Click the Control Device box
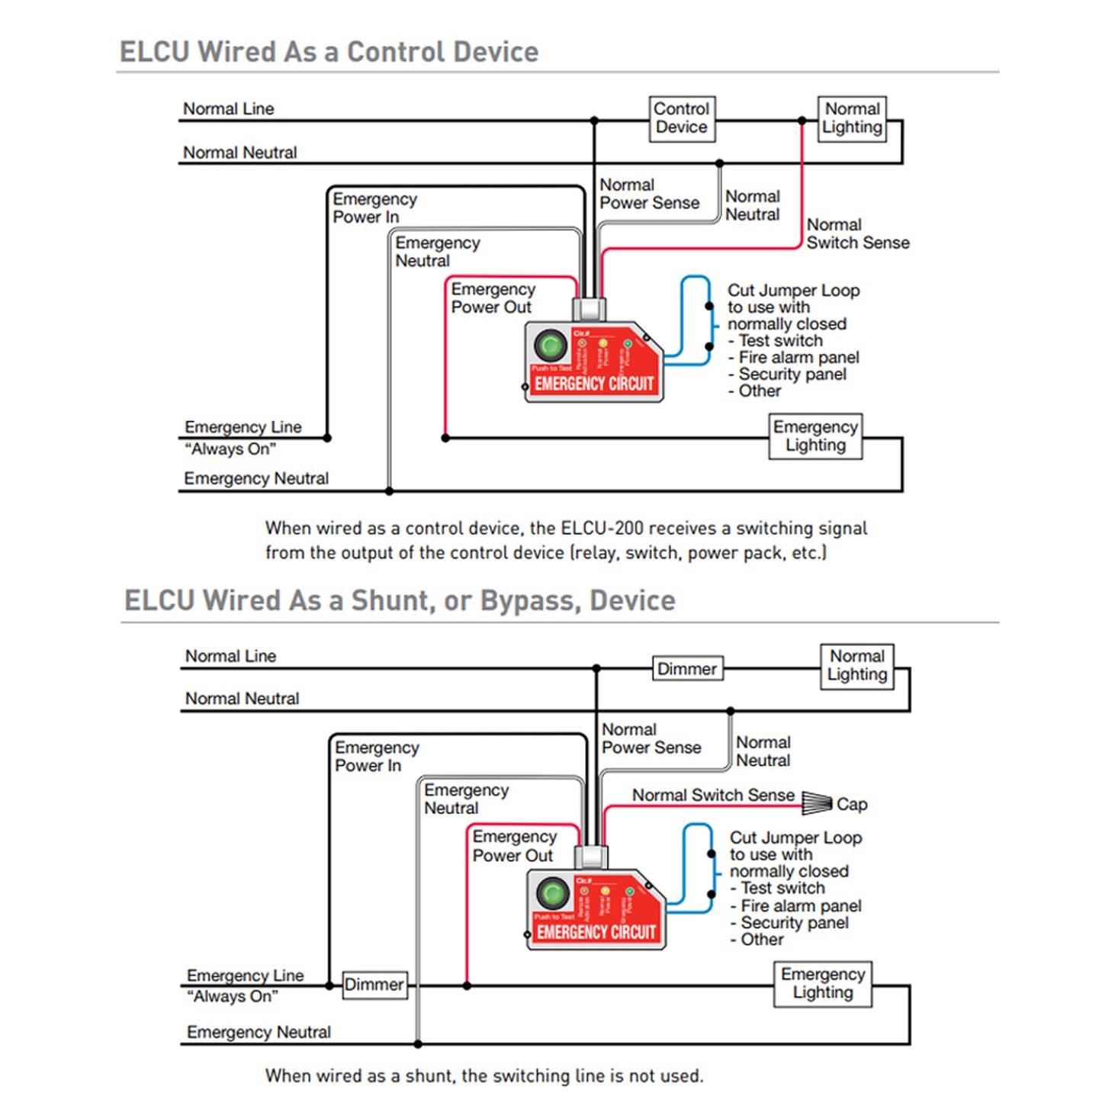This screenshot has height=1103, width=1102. coord(682,118)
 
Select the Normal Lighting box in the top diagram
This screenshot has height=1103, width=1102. coord(852,118)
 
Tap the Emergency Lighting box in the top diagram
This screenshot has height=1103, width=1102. coord(815,436)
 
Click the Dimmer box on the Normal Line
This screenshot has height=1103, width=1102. coord(687,669)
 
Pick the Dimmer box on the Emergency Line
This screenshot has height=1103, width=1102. coord(374,985)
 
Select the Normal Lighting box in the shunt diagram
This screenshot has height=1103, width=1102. coord(857,666)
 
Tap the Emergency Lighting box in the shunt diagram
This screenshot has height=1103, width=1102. coord(823,984)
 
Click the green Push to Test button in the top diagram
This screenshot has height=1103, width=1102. coord(550,346)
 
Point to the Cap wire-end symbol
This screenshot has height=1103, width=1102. coord(816,802)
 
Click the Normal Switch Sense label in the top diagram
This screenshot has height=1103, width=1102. coord(857,234)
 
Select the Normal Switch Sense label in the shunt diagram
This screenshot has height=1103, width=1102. coord(713,795)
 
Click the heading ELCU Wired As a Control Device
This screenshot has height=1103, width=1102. coord(329,52)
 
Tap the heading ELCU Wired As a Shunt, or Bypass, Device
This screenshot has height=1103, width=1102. coord(400,600)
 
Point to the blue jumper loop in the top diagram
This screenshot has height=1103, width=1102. coord(695,320)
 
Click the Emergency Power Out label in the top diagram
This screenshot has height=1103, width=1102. coord(492,298)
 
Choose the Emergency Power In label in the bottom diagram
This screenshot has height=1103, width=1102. coord(377,757)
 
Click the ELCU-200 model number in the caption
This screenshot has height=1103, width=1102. coord(606,529)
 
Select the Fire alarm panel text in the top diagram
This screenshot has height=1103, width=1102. coord(798,357)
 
